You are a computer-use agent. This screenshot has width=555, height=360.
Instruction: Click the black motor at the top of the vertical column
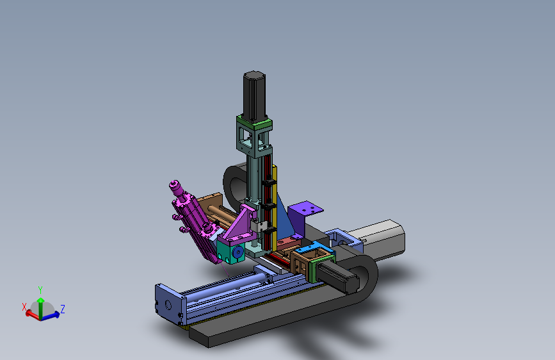click(x=254, y=95)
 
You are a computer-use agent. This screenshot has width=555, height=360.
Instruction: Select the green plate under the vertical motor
click(x=255, y=124)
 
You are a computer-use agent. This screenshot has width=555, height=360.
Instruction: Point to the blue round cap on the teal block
click(x=238, y=252)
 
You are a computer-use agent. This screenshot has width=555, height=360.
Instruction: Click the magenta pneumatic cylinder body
click(x=197, y=223)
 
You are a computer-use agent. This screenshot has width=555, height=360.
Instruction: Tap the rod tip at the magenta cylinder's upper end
click(x=173, y=184)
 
